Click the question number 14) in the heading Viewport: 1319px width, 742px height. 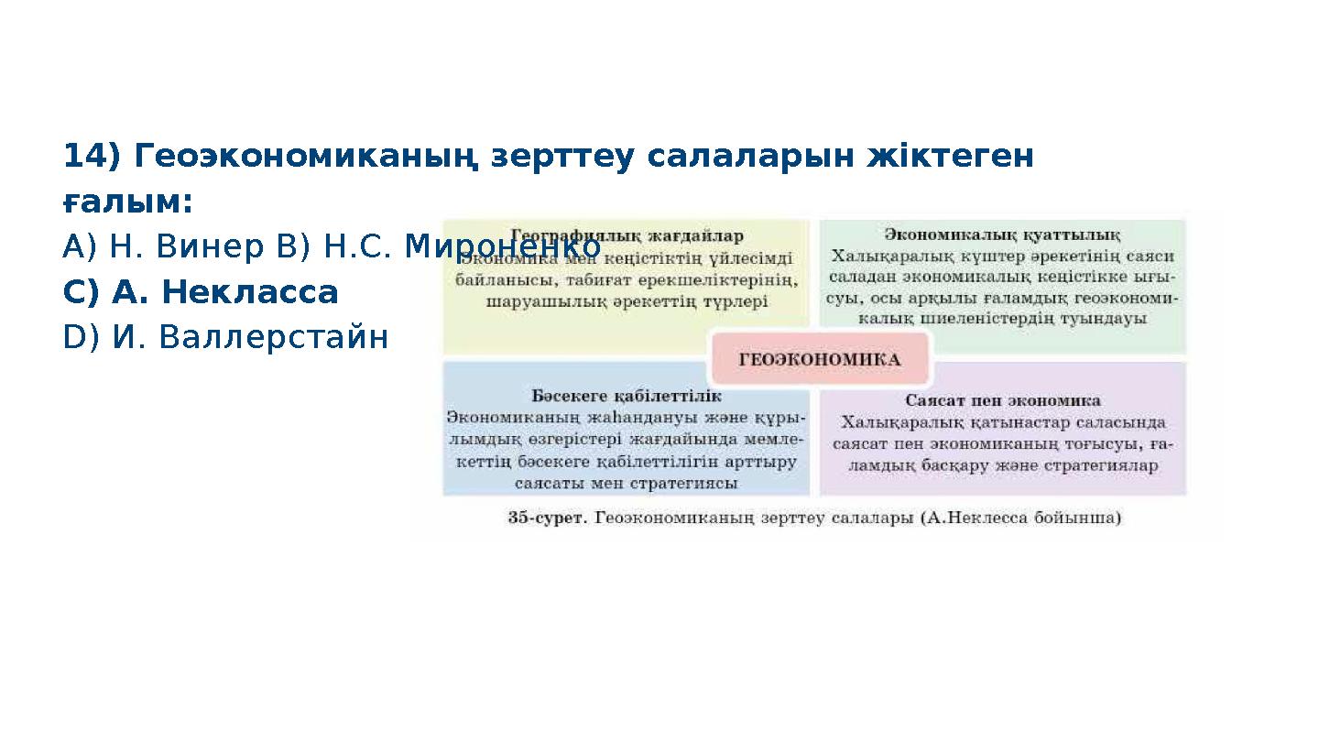pyautogui.click(x=92, y=157)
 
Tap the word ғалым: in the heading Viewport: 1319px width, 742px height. pyautogui.click(x=127, y=202)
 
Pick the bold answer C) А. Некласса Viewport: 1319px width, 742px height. pyautogui.click(x=201, y=292)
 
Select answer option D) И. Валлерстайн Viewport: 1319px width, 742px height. pyautogui.click(x=225, y=338)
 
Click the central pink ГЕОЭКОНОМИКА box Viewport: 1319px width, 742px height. pyautogui.click(x=819, y=359)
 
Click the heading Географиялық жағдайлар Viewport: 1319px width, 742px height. pyautogui.click(x=627, y=235)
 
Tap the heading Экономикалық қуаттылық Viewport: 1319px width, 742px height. pyautogui.click(x=1002, y=235)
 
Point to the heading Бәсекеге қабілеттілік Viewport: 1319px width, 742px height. pyautogui.click(x=627, y=396)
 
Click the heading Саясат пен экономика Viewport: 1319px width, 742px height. pyautogui.click(x=1002, y=400)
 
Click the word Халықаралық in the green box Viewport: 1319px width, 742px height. pyautogui.click(x=876, y=257)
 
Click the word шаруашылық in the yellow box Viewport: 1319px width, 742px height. pyautogui.click(x=537, y=300)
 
